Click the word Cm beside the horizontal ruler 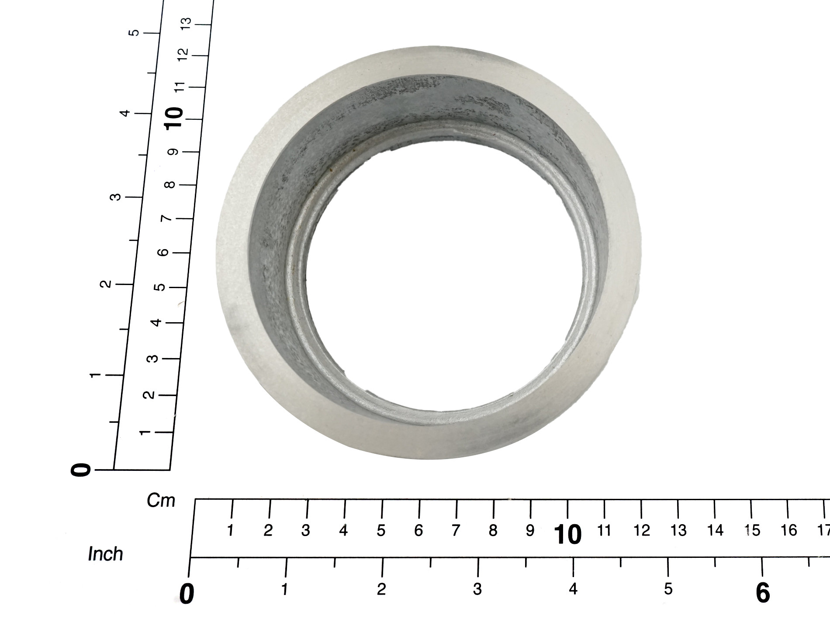coord(161,501)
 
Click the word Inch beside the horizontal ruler coord(105,554)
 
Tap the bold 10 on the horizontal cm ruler coord(567,534)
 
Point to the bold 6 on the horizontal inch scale coord(762,593)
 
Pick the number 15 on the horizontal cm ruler coord(753,530)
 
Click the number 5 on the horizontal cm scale coord(381,530)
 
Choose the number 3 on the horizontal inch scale coord(477,589)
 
